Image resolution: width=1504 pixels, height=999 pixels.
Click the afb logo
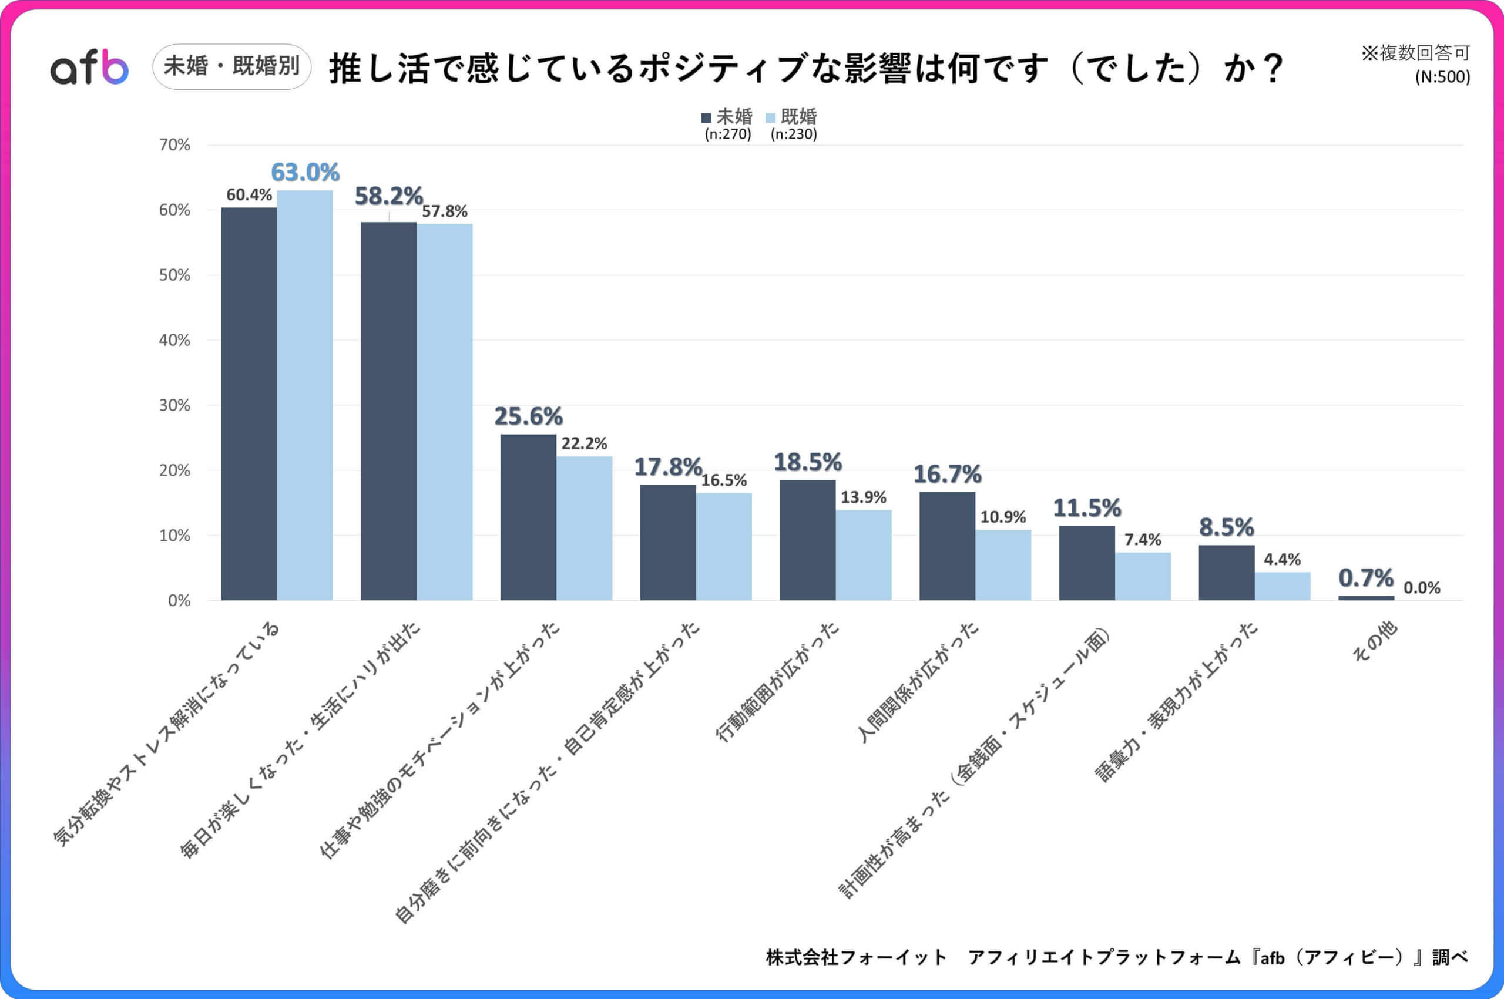pyautogui.click(x=89, y=68)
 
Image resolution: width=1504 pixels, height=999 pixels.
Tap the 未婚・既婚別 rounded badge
pyautogui.click(x=232, y=66)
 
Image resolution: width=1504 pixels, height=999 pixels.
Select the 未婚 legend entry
pyautogui.click(x=727, y=117)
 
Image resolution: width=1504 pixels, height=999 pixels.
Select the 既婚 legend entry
pyautogui.click(x=791, y=117)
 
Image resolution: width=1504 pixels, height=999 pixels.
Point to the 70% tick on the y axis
pyautogui.click(x=174, y=145)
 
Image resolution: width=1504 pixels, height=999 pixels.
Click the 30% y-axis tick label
pyautogui.click(x=174, y=405)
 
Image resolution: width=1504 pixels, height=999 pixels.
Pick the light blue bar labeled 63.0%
pyautogui.click(x=305, y=395)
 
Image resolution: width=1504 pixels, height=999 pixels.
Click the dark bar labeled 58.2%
pyautogui.click(x=389, y=411)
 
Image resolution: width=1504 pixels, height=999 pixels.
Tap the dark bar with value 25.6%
pyautogui.click(x=528, y=517)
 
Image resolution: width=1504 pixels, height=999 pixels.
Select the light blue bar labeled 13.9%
pyautogui.click(x=864, y=555)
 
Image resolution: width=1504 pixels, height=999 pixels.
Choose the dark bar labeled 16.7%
pyautogui.click(x=947, y=546)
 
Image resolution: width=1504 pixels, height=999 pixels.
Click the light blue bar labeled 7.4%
pyautogui.click(x=1143, y=577)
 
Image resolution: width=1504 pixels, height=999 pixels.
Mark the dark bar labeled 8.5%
pyautogui.click(x=1226, y=573)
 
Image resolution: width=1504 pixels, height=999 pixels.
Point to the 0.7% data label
pyautogui.click(x=1366, y=578)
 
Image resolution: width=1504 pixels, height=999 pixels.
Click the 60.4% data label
pyautogui.click(x=249, y=195)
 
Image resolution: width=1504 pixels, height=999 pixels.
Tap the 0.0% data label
pyautogui.click(x=1422, y=588)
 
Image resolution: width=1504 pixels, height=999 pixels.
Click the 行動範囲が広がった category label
pyautogui.click(x=778, y=682)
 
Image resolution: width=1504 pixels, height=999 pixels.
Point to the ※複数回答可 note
pyautogui.click(x=1415, y=53)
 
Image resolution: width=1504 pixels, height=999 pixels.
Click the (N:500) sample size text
pyautogui.click(x=1442, y=77)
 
